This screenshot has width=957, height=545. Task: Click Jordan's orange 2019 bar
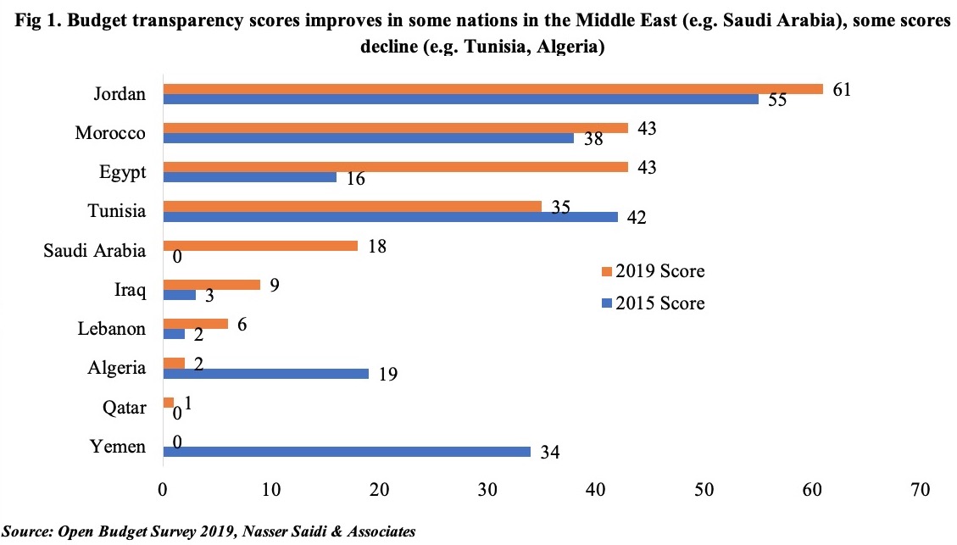[x=492, y=89]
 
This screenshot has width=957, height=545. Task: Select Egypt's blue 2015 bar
[x=249, y=178]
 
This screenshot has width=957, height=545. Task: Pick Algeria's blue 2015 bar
[x=265, y=374]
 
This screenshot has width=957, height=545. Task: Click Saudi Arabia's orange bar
[x=259, y=246]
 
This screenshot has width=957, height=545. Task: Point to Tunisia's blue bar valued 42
[x=390, y=217]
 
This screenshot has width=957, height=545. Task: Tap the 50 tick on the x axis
[x=704, y=490]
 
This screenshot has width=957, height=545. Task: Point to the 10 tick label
[x=270, y=490]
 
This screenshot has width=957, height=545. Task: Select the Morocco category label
[x=110, y=133]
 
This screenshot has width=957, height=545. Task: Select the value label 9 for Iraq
[x=274, y=284]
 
